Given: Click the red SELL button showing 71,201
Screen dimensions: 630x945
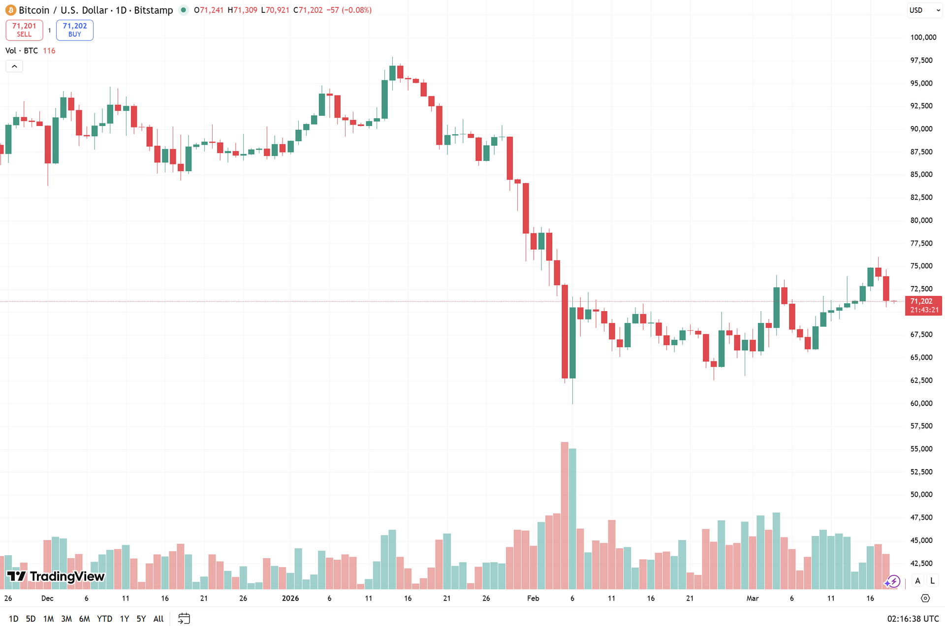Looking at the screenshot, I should pos(24,30).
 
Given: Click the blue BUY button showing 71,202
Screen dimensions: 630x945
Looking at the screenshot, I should pos(75,30).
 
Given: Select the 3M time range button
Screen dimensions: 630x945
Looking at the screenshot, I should pos(66,619).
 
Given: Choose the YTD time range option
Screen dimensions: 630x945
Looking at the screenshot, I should pos(104,619).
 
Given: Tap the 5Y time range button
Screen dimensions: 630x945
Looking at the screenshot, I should pos(141,619).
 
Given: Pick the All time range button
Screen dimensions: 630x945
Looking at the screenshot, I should pos(158,619).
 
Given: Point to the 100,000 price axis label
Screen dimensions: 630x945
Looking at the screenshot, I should pos(923,37).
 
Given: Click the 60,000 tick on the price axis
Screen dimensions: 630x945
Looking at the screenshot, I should pos(921,403).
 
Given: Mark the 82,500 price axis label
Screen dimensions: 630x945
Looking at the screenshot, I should pos(921,197).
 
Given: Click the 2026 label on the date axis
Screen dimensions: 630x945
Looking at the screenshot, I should pos(290,598).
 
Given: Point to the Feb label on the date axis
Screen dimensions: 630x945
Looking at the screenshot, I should pos(533,598).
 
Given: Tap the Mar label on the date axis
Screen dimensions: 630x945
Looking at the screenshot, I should pos(753,598).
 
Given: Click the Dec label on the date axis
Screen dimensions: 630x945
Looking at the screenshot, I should pos(47,598).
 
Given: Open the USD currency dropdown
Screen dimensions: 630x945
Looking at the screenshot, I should pos(924,10).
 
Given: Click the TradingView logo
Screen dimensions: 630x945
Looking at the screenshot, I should pos(56,576).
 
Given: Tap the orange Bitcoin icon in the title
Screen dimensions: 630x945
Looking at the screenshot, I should pos(10,10).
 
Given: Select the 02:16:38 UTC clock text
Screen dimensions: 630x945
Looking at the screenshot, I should pos(913,619).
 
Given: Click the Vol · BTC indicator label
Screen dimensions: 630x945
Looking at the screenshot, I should pos(22,51).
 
